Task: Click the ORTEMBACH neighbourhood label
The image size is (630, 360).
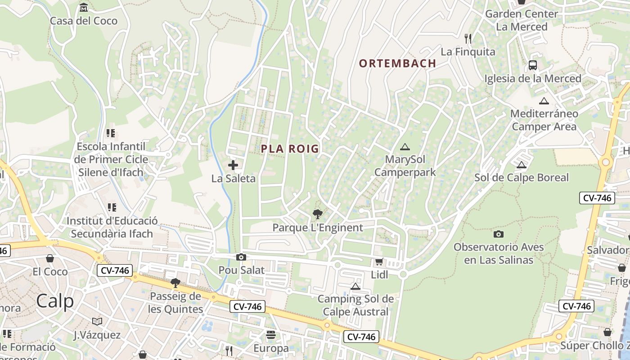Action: (x=397, y=63)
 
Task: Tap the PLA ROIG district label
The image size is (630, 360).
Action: (x=290, y=148)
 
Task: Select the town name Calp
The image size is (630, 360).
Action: (x=55, y=301)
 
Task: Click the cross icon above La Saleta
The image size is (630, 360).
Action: (x=233, y=165)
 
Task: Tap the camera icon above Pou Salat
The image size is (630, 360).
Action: (x=241, y=257)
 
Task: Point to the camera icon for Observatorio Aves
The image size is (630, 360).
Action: (x=498, y=234)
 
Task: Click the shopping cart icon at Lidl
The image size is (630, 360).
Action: (x=379, y=262)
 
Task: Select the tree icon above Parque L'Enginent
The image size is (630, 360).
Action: (x=317, y=214)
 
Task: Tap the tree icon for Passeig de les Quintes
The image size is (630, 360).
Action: (x=175, y=283)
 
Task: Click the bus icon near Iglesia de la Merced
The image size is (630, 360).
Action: (x=533, y=65)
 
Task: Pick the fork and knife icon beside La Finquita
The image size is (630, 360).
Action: (x=468, y=39)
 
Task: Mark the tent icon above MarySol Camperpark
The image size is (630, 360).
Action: (x=405, y=147)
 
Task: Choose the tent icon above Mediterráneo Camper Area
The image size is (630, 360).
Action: (x=544, y=101)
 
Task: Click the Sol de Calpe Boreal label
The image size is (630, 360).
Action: (x=522, y=177)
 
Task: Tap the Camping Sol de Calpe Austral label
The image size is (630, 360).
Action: (x=355, y=305)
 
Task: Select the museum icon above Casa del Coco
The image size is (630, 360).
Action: (x=84, y=8)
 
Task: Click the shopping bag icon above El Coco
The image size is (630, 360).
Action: (x=50, y=258)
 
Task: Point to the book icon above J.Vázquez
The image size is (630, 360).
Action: (x=97, y=321)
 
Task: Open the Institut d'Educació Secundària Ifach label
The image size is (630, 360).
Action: (x=112, y=227)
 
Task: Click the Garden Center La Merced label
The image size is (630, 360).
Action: (x=522, y=20)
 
